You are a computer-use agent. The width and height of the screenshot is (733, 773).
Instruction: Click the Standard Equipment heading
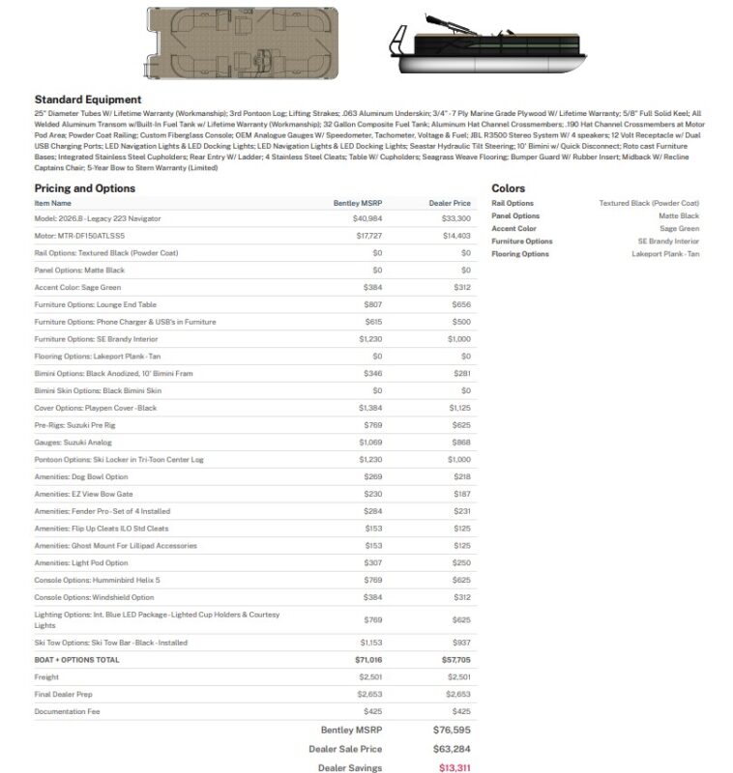click(x=88, y=100)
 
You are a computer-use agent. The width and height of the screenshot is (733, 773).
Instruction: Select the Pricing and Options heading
click(x=84, y=188)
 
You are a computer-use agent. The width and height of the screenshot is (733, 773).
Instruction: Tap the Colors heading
click(x=509, y=188)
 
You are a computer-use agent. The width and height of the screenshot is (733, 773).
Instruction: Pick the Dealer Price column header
click(x=450, y=203)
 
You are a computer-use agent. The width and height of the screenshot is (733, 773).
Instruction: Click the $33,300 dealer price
click(x=456, y=218)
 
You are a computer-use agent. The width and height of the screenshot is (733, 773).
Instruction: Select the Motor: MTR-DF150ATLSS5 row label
click(x=79, y=236)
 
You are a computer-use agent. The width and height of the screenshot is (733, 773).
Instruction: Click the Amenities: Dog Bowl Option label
click(x=80, y=476)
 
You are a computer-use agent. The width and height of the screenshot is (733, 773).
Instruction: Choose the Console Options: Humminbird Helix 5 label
click(x=97, y=580)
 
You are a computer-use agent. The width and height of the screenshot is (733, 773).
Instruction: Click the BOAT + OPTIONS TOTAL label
click(x=77, y=660)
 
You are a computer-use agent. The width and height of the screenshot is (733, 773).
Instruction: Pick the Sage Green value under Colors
click(x=680, y=229)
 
